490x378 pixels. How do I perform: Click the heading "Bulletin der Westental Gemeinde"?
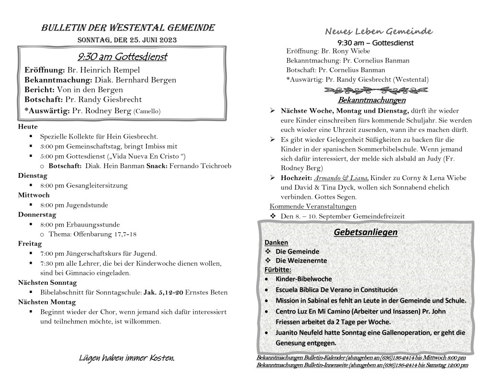[128, 28]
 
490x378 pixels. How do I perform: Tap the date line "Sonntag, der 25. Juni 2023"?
[128, 40]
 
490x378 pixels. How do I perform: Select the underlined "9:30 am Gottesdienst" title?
[122, 57]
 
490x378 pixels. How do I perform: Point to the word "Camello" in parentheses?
[147, 110]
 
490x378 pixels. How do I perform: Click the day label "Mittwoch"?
[34, 195]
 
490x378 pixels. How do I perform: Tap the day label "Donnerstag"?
[37, 215]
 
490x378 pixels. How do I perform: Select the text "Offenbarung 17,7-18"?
[105, 234]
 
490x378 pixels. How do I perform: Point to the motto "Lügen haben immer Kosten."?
[127, 358]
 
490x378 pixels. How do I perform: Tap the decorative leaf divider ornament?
[376, 90]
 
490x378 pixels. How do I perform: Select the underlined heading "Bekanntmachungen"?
[372, 100]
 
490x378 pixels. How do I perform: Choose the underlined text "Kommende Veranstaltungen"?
[313, 206]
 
